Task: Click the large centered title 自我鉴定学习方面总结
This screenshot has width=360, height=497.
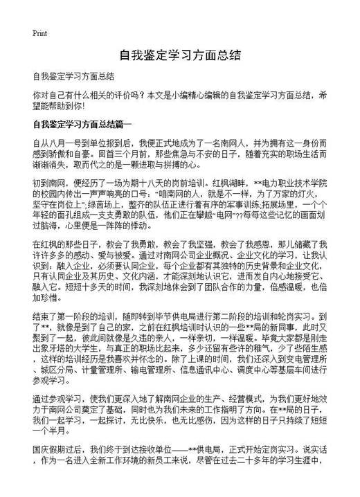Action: pyautogui.click(x=179, y=54)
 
